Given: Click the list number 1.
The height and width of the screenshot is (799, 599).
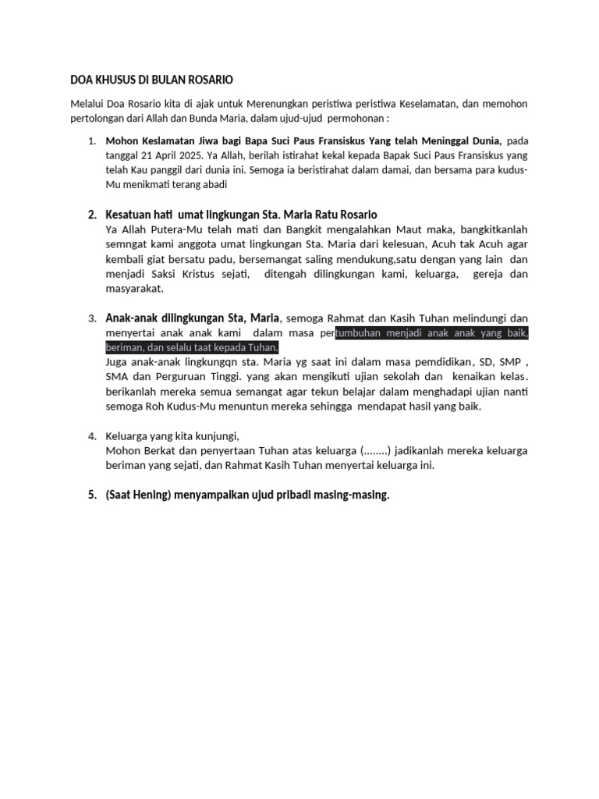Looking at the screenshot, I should (x=91, y=141).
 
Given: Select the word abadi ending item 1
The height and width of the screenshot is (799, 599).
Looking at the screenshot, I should (x=211, y=185).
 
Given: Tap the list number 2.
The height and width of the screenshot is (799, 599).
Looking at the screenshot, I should (x=91, y=215).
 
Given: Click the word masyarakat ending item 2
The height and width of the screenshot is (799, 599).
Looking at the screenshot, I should (x=135, y=289).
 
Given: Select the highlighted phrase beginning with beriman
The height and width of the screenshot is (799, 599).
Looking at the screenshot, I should (x=192, y=347).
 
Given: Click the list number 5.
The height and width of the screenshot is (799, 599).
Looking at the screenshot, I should (x=91, y=495).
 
